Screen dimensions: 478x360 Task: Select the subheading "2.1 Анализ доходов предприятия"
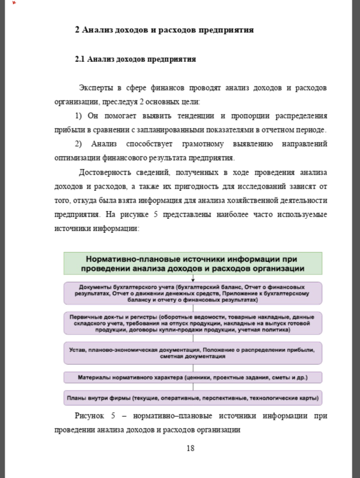pyautogui.click(x=135, y=59)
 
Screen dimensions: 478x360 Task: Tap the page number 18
pyautogui.click(x=190, y=448)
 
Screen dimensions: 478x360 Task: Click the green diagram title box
pyautogui.click(x=193, y=263)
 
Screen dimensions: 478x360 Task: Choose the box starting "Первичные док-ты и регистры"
pyautogui.click(x=193, y=323)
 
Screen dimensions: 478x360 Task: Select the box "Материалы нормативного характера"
pyautogui.click(x=193, y=377)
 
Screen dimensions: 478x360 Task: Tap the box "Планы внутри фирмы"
pyautogui.click(x=193, y=399)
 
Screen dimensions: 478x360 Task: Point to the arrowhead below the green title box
pyautogui.click(x=193, y=280)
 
